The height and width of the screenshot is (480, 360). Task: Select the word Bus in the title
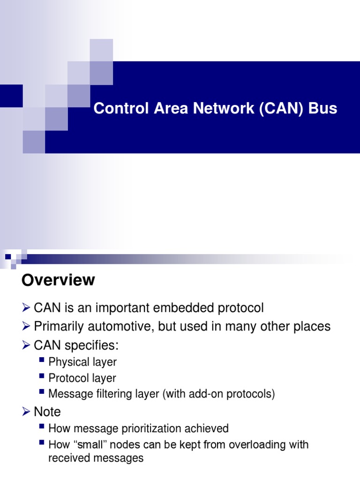point(322,108)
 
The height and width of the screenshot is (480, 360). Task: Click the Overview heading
point(58,280)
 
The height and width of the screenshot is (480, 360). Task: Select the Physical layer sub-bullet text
point(82,362)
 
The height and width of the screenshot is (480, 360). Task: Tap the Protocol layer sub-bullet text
point(82,378)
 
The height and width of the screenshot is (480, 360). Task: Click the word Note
point(47,412)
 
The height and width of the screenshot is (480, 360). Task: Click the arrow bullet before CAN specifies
point(26,346)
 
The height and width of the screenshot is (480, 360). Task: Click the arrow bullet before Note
point(26,412)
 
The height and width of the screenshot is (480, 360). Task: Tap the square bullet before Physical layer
point(42,361)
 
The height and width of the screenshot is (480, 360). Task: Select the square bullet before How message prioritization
point(42,427)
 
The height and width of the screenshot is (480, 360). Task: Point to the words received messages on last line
point(96,458)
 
